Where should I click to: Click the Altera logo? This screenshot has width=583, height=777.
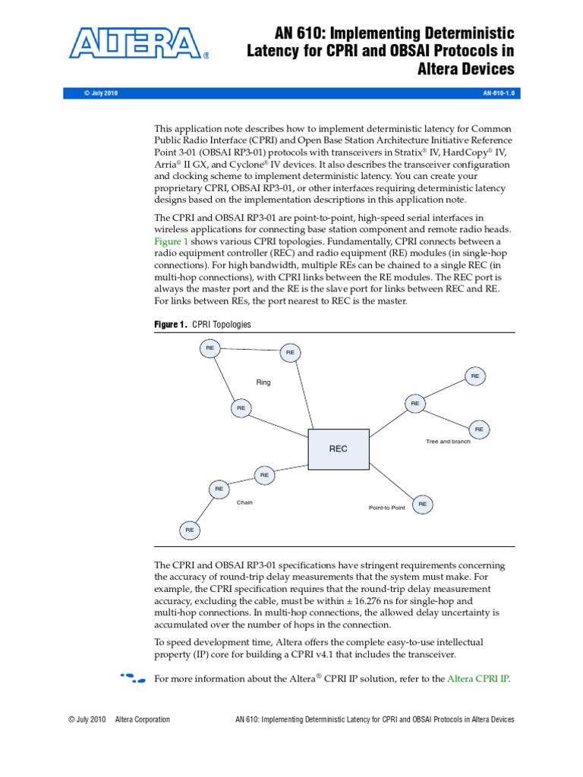tap(137, 43)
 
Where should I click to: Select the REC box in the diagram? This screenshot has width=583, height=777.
tap(338, 448)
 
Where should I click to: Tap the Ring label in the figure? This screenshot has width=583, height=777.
tap(263, 382)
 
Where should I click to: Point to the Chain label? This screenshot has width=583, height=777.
tap(244, 502)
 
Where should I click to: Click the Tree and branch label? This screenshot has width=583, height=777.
tap(448, 441)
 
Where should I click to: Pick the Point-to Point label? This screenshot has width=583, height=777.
tap(386, 508)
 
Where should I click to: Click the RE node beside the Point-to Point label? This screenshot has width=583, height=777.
tap(422, 504)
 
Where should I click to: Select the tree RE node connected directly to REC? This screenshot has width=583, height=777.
tap(414, 404)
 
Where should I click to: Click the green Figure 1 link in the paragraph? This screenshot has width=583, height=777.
tap(171, 241)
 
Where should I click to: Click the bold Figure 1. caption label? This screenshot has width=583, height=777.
tap(170, 324)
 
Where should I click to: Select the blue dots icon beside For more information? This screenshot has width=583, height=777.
tap(132, 677)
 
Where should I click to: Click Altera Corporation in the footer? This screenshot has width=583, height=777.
tap(142, 719)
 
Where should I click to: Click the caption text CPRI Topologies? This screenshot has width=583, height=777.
tap(222, 324)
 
